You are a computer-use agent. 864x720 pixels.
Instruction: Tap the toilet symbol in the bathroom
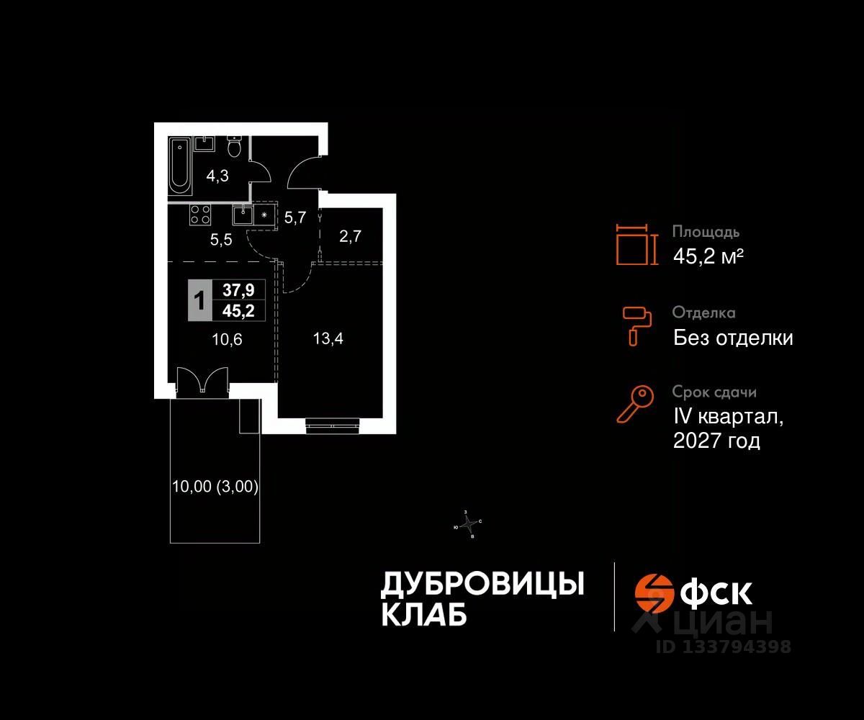(x=234, y=148)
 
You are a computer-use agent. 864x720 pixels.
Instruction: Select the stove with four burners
(x=199, y=214)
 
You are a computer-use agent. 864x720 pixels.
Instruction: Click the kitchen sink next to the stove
(x=243, y=214)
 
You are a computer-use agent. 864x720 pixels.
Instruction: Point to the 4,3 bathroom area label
(x=217, y=176)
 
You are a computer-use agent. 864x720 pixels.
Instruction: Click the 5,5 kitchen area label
(x=221, y=240)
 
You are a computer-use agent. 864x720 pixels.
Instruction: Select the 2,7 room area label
(x=350, y=236)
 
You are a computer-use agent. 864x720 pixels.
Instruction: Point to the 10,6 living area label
(x=228, y=340)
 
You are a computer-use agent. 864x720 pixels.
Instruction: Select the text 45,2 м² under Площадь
(x=708, y=256)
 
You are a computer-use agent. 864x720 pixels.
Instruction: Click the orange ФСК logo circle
(x=652, y=592)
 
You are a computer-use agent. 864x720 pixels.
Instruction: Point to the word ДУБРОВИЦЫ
(x=482, y=585)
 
